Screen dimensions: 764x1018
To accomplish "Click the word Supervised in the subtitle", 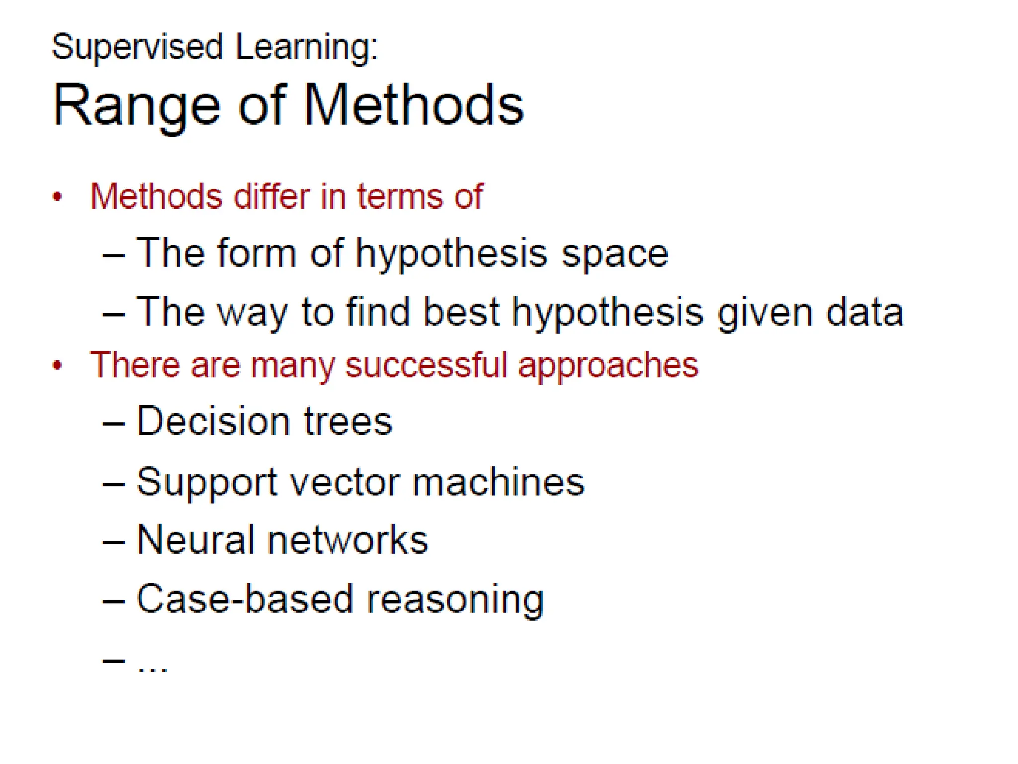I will point(137,47).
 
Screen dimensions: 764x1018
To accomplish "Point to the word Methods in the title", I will point(413,105).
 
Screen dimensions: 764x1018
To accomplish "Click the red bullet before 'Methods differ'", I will point(57,197).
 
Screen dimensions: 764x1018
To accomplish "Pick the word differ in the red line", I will point(271,196).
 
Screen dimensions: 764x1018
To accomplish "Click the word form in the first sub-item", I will point(256,253).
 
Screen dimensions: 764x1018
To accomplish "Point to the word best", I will point(461,312).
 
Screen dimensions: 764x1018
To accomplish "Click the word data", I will point(864,312).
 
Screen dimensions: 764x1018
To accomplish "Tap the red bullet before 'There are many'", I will point(57,365).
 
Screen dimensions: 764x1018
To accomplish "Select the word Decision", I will point(213,421).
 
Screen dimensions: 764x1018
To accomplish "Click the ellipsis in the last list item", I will point(153,668).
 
